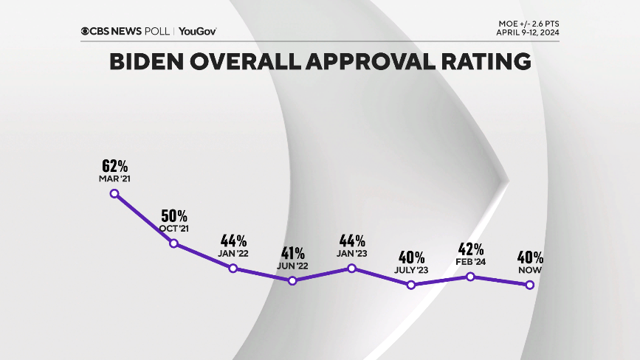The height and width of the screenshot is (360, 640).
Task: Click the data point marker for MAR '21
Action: point(114,193)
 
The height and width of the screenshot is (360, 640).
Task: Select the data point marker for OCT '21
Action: point(174,243)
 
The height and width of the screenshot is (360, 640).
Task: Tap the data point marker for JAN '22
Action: point(233,268)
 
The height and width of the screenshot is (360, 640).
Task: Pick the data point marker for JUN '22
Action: point(292,280)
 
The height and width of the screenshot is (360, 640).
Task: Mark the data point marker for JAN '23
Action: point(352,268)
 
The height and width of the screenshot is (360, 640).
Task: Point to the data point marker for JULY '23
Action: point(411,285)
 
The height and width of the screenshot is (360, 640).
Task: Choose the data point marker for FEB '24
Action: point(470,277)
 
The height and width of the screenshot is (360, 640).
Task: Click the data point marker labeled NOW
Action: point(530,285)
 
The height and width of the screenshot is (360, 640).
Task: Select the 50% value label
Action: point(174,216)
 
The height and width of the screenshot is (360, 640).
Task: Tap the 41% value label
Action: point(292,253)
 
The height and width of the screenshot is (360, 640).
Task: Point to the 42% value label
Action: point(471,249)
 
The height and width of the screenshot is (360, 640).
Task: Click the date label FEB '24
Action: point(471,262)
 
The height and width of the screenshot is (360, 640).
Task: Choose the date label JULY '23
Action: point(411,271)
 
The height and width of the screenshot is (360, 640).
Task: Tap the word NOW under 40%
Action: point(530,271)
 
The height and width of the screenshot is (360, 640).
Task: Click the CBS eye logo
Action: point(86,31)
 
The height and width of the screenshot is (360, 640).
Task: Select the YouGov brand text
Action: point(197,31)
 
